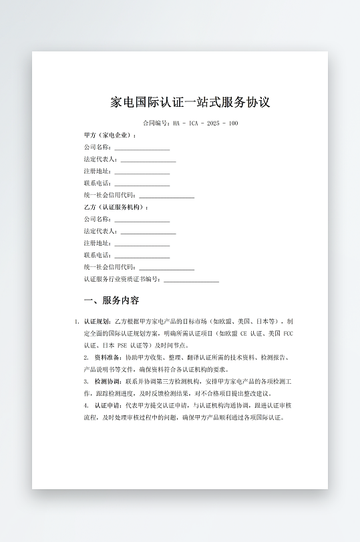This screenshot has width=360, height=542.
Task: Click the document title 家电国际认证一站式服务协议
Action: tap(190, 103)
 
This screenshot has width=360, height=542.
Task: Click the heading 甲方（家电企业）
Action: tap(110, 135)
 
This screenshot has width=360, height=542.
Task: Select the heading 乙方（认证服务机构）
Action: tap(116, 207)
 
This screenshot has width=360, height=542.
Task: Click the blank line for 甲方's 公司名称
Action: tap(142, 148)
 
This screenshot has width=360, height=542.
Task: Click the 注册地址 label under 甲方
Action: tap(98, 171)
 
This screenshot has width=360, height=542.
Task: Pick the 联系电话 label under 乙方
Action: tap(98, 255)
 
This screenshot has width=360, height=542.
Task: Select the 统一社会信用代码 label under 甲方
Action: tap(110, 195)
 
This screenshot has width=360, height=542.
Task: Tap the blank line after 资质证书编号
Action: tap(191, 280)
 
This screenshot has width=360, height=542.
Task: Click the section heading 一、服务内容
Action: tap(112, 300)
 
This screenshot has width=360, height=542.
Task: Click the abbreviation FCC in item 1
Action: tap(289, 333)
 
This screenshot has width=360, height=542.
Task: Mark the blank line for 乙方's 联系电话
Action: tap(142, 256)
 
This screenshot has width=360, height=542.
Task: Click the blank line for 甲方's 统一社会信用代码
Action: tap(166, 196)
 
